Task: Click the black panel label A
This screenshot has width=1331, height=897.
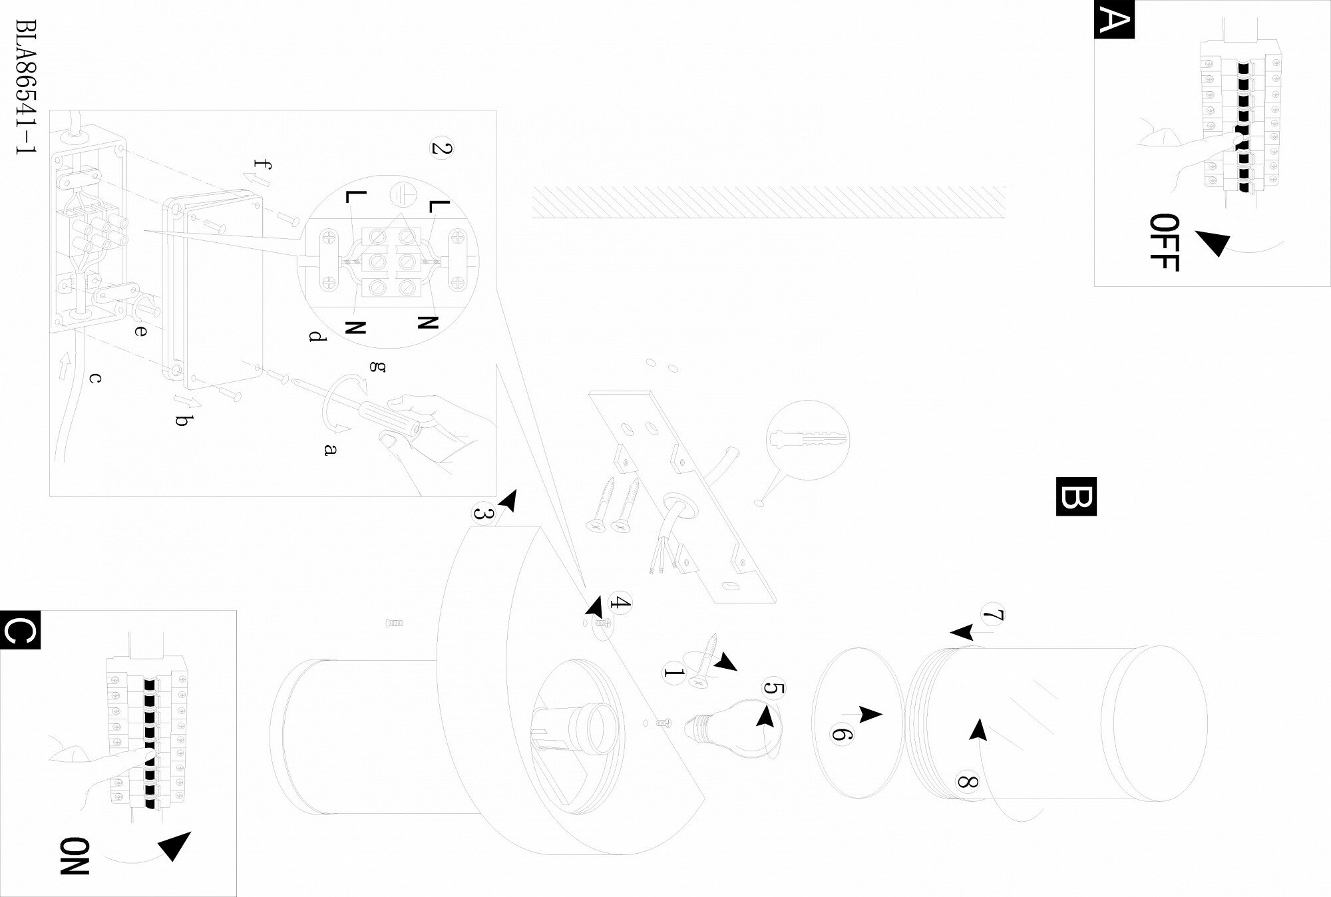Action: click(x=1114, y=19)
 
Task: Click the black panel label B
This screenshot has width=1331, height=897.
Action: click(x=1075, y=496)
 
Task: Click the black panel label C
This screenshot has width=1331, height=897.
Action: click(x=21, y=629)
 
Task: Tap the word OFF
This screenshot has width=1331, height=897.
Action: click(x=1164, y=243)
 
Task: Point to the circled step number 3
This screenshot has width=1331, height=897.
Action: click(x=484, y=514)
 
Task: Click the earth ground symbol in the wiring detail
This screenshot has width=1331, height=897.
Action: click(x=403, y=193)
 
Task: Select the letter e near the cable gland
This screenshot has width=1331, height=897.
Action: click(x=140, y=329)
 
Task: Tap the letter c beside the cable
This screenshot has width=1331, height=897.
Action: click(x=95, y=378)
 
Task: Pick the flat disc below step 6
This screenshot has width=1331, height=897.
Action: click(x=858, y=722)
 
